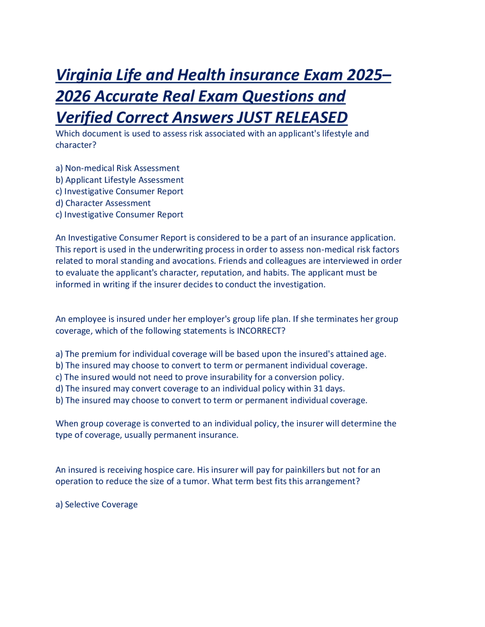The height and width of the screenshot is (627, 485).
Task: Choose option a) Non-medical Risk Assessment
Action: point(117,168)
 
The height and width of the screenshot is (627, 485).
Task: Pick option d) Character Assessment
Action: point(103,203)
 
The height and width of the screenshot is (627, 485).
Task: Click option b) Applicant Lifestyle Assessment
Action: point(119,180)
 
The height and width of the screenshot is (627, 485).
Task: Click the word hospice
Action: point(159,470)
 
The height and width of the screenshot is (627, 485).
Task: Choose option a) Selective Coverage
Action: point(97,505)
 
